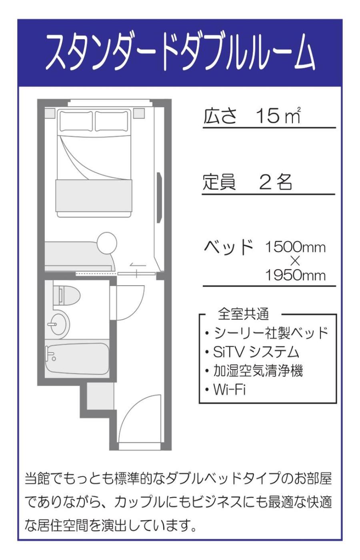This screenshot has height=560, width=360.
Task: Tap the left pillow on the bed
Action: (76, 121)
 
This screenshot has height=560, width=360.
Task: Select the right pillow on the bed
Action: (112, 121)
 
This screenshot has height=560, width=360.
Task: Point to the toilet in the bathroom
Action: (66, 295)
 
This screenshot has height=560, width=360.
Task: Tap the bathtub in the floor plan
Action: (77, 359)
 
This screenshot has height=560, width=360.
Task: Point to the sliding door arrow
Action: (138, 265)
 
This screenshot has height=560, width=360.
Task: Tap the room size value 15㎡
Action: (278, 116)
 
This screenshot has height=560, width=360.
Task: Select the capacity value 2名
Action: (275, 182)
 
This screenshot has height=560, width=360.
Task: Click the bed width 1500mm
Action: (295, 247)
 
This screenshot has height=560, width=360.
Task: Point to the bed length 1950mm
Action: (295, 276)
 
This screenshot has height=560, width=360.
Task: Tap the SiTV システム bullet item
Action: (252, 352)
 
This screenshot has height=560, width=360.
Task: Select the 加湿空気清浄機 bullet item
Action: (254, 370)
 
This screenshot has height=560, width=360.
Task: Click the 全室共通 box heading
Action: (244, 314)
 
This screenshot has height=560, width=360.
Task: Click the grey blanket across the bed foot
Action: (94, 195)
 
